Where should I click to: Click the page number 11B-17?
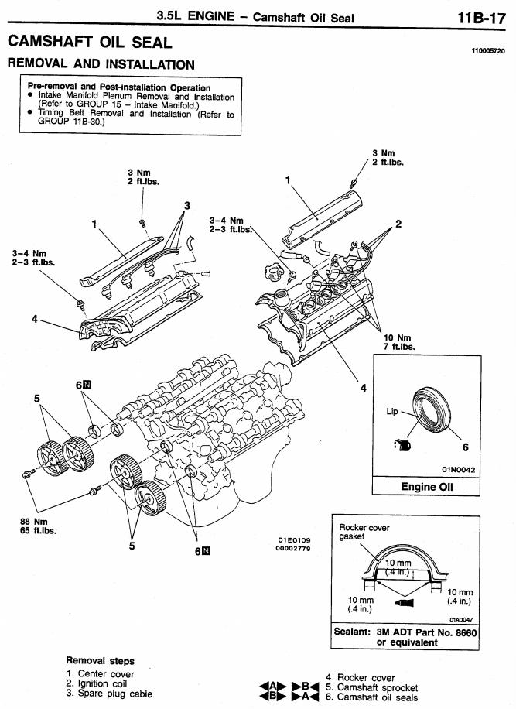(481, 19)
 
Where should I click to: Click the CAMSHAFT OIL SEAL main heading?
(90, 42)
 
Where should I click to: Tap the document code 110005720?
(488, 51)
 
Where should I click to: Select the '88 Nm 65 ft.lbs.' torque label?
(39, 526)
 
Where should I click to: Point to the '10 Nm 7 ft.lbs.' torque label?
(398, 342)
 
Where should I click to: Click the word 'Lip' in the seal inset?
(391, 412)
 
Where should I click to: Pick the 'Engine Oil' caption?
(426, 487)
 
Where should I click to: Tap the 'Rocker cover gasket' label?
(364, 532)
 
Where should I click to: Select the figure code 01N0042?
(458, 470)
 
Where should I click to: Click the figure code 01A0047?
(461, 620)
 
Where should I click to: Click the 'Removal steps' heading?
(100, 660)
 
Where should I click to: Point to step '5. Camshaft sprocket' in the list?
(371, 687)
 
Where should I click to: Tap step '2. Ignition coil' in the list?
(96, 683)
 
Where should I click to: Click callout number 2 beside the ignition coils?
(398, 224)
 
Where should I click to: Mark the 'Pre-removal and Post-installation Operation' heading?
(119, 87)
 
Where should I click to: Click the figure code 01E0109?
(294, 540)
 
